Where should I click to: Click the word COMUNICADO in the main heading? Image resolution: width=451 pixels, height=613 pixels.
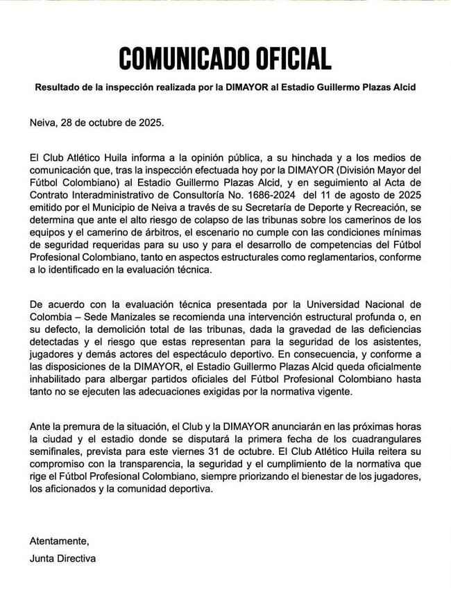point(178,58)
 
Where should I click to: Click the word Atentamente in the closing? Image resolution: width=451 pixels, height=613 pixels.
point(60,540)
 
